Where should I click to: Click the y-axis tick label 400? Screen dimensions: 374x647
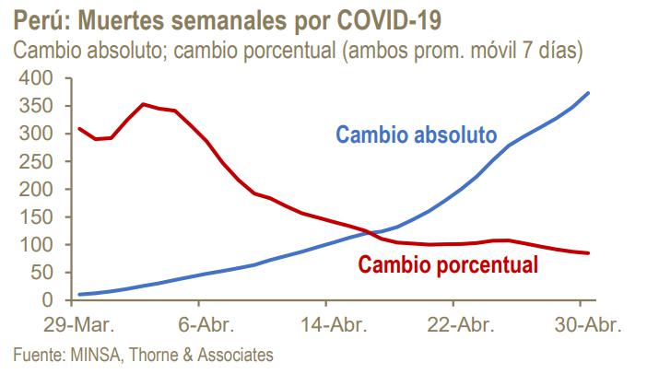coord(33,78)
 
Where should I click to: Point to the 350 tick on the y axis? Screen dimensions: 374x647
coord(33,106)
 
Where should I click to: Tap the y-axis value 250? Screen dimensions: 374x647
coord(33,161)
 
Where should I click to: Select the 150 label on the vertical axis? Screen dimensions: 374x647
coord(33,217)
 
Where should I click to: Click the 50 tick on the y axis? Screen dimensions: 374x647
coord(39,273)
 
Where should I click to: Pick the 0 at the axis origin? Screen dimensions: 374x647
coord(45,300)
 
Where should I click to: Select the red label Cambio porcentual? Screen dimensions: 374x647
coord(448,265)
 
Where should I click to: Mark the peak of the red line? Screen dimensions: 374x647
coord(143,104)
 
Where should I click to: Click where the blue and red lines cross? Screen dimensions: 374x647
coord(371,232)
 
